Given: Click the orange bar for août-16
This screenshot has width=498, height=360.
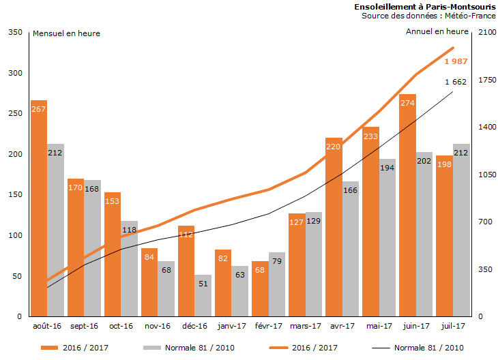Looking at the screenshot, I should point(39,208).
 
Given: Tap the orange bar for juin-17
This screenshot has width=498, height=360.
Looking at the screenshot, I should point(407,205).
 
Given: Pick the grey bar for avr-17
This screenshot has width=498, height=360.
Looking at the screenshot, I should point(350,249).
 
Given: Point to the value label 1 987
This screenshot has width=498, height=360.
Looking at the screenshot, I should point(456,61).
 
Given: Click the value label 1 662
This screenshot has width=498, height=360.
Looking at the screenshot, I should point(456,82).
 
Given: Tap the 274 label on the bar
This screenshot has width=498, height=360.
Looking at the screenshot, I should point(407,104).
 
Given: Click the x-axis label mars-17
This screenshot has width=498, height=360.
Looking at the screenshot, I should point(306,327).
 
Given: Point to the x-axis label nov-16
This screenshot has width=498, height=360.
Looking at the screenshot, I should point(158,327).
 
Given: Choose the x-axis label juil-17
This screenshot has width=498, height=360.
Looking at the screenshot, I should point(453,327).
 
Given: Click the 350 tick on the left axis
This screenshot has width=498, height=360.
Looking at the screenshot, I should point(14,32).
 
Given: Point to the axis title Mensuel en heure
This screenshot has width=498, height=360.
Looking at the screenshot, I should point(66,33).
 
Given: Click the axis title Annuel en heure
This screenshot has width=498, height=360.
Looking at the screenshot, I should point(437,31).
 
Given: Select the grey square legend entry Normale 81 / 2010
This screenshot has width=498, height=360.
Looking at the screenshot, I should point(152,348).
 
